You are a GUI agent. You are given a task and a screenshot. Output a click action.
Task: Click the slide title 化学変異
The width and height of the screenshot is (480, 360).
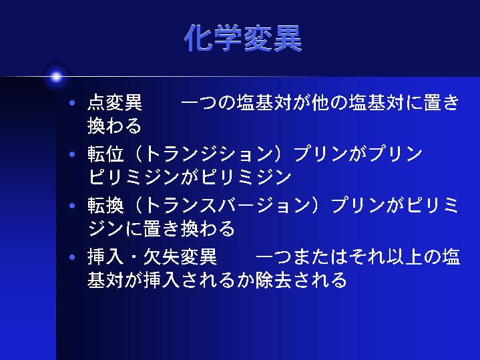coord(244,38)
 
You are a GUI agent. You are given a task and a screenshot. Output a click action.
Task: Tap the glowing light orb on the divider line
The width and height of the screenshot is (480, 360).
coord(56,77)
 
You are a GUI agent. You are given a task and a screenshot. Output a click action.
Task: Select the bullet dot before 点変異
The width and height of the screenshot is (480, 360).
coord(72,103)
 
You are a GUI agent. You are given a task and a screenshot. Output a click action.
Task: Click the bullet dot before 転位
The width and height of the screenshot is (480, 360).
coord(72,154)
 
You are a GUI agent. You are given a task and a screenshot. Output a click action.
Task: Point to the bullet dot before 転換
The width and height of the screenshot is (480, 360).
coord(72,206)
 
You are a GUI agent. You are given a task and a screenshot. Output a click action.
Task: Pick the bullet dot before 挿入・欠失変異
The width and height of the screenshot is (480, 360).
coord(72,256)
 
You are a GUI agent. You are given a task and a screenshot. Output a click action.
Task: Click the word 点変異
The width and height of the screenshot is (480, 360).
coord(115,102)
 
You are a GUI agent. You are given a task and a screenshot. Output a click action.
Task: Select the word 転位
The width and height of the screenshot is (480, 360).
coord(105,154)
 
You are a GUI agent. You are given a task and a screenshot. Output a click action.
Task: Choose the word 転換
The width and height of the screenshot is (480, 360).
coord(105,205)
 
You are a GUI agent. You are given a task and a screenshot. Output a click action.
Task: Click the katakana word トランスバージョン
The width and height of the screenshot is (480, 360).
coord(227,205)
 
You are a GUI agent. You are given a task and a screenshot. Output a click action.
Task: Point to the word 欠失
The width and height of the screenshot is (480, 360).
coord(162,256)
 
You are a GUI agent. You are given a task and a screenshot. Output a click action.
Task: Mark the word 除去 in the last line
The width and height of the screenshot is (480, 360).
coord(273,280)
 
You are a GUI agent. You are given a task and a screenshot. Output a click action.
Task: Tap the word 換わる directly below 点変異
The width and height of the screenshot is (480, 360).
coord(114,126)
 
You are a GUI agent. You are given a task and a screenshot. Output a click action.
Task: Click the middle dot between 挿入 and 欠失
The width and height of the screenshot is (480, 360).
coord(134,256)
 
